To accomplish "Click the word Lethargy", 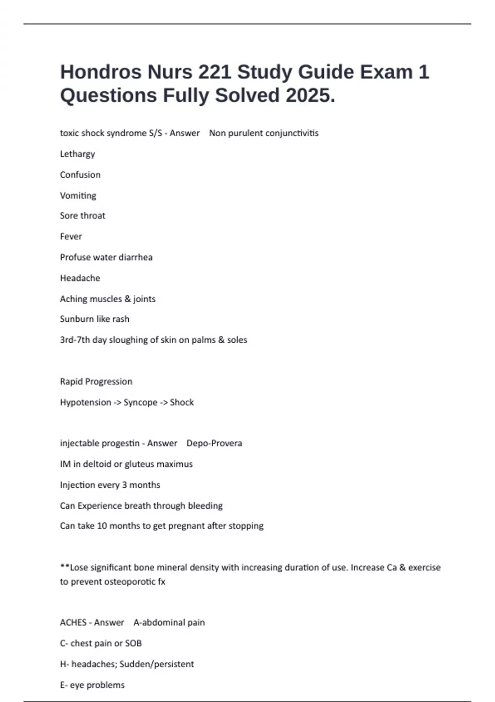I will coord(78,154).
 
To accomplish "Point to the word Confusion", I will coord(80,175).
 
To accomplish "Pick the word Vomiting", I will coord(78,195).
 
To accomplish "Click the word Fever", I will coord(71,236).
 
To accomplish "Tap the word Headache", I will coord(80,278).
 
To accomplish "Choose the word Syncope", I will coord(140,402).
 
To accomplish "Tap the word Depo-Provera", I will coord(214,443).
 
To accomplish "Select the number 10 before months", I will coord(101,526).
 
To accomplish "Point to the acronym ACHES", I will coord(73,622).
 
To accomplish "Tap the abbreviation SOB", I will coord(133,643).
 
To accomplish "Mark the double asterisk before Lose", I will coord(64,566).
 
